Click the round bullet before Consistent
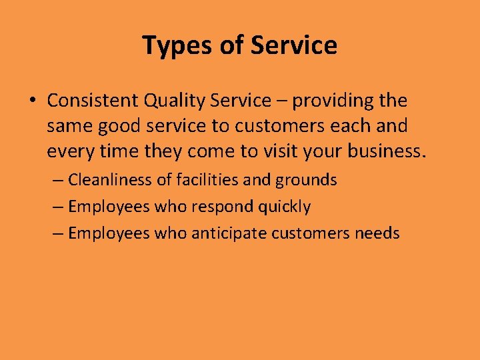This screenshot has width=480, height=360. pyautogui.click(x=32, y=101)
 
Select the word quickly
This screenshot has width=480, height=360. pyautogui.click(x=285, y=207)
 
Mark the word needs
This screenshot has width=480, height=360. pyautogui.click(x=377, y=233)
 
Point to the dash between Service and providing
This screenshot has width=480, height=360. pyautogui.click(x=282, y=101)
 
